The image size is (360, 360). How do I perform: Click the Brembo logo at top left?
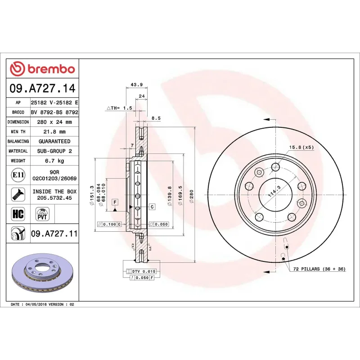coord(42,69)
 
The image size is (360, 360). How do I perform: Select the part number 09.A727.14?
coord(42,88)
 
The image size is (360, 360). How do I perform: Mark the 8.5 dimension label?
coord(156,118)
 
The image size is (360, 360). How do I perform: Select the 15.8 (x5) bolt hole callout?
coord(301,148)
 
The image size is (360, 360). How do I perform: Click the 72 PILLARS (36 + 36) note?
coord(319,269)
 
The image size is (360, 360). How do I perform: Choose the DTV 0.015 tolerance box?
coord(142,271)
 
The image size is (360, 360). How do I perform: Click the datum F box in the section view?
coord(115,202)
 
